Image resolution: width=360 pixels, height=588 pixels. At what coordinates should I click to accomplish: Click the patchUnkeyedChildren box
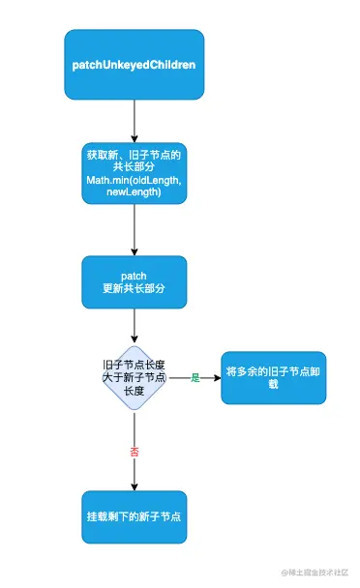pyautogui.click(x=135, y=64)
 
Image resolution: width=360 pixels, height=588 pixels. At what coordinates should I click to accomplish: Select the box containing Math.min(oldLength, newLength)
pyautogui.click(x=135, y=173)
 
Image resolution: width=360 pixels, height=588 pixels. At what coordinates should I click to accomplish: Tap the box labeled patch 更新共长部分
pyautogui.click(x=135, y=282)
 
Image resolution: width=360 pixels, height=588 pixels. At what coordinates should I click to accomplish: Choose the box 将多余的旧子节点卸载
pyautogui.click(x=273, y=377)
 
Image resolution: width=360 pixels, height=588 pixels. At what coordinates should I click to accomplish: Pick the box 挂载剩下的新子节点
pyautogui.click(x=135, y=516)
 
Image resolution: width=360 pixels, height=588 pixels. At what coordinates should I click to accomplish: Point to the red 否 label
pyautogui.click(x=135, y=452)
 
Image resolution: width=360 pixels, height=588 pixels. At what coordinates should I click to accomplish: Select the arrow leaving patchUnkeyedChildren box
pyautogui.click(x=135, y=120)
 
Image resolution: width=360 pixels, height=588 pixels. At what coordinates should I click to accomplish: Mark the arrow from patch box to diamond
pyautogui.click(x=135, y=327)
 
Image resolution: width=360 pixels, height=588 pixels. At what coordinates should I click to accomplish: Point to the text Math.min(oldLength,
pyautogui.click(x=135, y=182)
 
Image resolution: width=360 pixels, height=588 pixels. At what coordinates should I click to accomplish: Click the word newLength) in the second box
pyautogui.click(x=135, y=193)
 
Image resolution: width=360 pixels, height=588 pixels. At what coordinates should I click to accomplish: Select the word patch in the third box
pyautogui.click(x=135, y=276)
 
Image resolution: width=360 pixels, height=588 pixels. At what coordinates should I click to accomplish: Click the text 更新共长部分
pyautogui.click(x=135, y=289)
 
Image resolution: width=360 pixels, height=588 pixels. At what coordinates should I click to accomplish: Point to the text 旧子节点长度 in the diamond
pyautogui.click(x=135, y=364)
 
